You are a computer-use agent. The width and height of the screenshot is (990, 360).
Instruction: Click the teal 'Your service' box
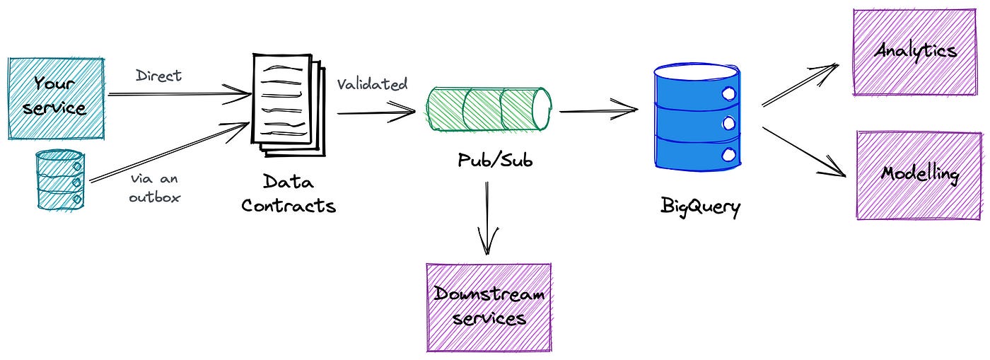pyautogui.click(x=56, y=98)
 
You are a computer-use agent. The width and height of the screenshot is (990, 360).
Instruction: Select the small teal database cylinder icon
pyautogui.click(x=60, y=180)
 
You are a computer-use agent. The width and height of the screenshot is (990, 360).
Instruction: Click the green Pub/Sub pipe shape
pyautogui.click(x=489, y=109)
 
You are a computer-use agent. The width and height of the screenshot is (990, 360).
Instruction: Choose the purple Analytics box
pyautogui.click(x=916, y=52)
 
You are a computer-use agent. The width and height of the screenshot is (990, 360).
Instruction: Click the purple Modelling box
pyautogui.click(x=919, y=174)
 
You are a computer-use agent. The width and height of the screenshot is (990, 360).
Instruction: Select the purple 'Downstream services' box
pyautogui.click(x=489, y=307)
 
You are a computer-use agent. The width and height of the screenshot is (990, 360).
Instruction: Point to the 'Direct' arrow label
pyautogui.click(x=158, y=76)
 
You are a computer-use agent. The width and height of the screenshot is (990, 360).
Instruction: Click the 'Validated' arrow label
pyautogui.click(x=372, y=84)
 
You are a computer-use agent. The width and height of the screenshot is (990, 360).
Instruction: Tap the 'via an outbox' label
pyautogui.click(x=154, y=188)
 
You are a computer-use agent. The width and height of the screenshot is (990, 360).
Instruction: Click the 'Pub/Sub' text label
pyautogui.click(x=494, y=160)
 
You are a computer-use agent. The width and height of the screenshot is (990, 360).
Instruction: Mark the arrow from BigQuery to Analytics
pyautogui.click(x=799, y=86)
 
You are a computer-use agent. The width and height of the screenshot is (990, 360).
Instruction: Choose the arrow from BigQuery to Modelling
pyautogui.click(x=803, y=151)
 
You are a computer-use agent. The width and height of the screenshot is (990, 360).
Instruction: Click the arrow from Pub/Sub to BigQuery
pyautogui.click(x=598, y=110)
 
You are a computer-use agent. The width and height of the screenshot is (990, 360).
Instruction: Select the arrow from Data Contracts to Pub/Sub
pyautogui.click(x=375, y=112)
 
